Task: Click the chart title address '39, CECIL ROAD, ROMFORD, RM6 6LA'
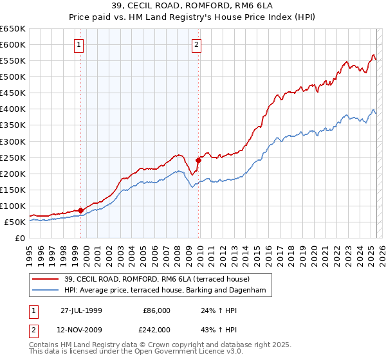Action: click(192, 6)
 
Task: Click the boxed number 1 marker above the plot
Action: click(78, 45)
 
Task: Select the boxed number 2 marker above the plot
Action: click(196, 45)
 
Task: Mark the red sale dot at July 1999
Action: click(81, 210)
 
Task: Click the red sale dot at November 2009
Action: click(198, 160)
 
